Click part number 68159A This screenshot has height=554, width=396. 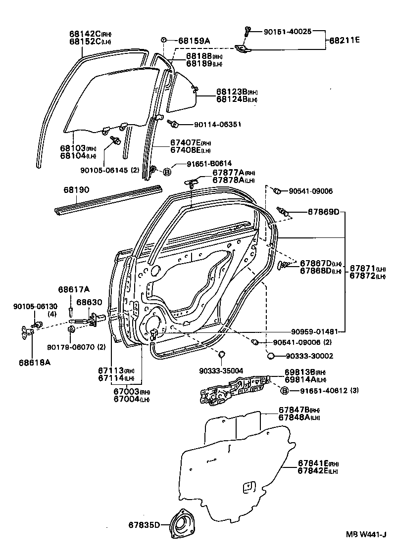tap(194, 41)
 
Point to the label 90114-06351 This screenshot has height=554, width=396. tap(210, 124)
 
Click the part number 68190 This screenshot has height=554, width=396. tap(75, 190)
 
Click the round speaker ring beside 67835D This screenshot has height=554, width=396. tap(183, 525)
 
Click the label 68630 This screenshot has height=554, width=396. tap(89, 302)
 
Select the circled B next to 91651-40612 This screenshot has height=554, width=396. tap(285, 391)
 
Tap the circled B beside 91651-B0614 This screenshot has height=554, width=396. tap(167, 172)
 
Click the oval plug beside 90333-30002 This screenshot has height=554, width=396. tap(271, 355)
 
